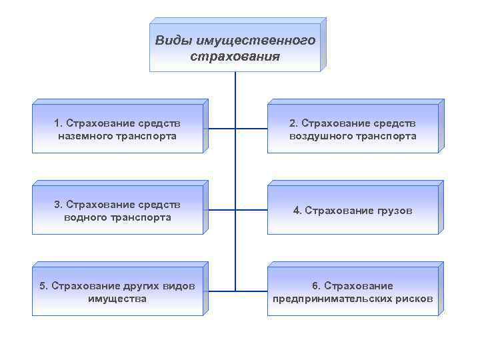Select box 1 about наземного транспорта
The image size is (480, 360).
click(x=117, y=129)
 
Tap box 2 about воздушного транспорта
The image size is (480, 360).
click(x=353, y=129)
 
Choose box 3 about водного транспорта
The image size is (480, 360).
click(x=117, y=211)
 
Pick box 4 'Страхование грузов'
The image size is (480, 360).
click(x=353, y=211)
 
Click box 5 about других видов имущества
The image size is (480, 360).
click(x=117, y=292)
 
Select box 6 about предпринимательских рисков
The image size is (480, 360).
click(x=353, y=292)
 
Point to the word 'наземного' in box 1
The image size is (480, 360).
click(x=85, y=136)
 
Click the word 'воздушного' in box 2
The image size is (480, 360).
click(x=319, y=136)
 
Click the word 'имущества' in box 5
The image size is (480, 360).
click(x=117, y=299)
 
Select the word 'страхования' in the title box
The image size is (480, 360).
click(x=235, y=55)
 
